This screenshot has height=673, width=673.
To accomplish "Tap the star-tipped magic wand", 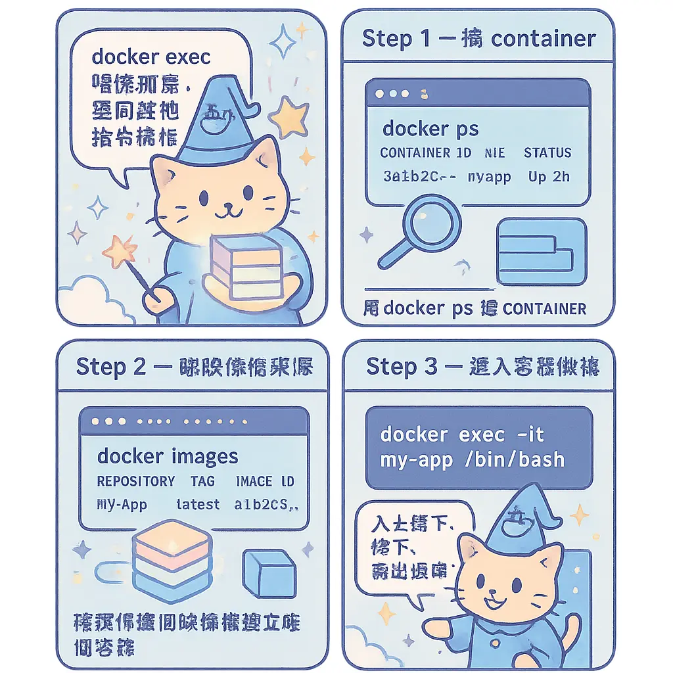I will [122, 253].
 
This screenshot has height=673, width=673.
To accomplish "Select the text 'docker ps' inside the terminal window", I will [430, 128].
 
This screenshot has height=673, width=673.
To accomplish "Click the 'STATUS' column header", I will [547, 153].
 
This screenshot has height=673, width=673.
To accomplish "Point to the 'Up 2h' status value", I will [549, 177].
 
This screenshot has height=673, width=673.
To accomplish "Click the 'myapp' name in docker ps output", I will [489, 177].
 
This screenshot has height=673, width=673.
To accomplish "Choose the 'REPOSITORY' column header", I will [136, 481].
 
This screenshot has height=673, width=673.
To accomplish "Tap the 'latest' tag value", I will [198, 505].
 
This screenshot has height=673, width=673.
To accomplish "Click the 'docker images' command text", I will [168, 456].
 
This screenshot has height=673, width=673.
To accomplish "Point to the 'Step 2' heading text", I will [110, 367].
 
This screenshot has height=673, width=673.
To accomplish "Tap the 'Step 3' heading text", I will [402, 367].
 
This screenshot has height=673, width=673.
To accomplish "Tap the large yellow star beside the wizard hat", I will [287, 117].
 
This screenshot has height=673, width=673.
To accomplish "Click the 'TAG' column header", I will [202, 481].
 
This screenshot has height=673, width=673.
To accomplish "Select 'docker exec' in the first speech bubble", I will [151, 57].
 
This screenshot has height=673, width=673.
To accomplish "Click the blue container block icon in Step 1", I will [542, 252].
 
